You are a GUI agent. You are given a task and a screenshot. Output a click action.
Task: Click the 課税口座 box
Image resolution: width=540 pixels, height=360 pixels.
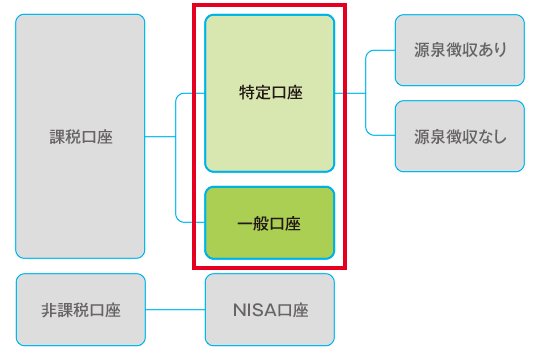(x=80, y=136)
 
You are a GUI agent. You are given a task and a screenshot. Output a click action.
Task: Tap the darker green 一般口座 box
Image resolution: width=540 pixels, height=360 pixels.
(x=269, y=222)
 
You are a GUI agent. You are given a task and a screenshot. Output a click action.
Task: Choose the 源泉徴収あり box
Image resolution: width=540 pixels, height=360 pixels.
(x=459, y=50)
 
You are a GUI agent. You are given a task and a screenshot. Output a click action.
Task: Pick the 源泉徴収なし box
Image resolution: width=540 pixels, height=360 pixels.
(x=459, y=136)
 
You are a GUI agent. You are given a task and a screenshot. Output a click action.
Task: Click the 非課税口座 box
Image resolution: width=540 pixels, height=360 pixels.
(x=80, y=309)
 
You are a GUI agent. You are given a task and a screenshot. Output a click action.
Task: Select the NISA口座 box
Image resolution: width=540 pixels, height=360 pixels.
(x=269, y=309)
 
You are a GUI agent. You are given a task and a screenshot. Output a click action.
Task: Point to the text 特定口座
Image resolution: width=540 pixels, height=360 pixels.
(x=270, y=93)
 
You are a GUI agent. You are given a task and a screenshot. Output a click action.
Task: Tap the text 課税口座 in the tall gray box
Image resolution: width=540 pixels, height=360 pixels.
(x=81, y=137)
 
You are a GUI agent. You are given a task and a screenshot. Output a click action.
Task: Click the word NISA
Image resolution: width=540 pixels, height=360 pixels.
(x=252, y=310)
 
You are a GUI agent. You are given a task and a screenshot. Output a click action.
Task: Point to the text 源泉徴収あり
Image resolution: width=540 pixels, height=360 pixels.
(x=460, y=50)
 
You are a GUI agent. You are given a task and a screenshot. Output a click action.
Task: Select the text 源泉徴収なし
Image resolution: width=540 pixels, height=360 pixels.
(x=460, y=136)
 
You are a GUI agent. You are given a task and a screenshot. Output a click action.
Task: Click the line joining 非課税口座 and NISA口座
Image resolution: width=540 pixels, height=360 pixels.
(x=175, y=309)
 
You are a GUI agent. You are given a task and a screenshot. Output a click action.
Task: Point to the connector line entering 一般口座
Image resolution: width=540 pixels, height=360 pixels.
(x=190, y=221)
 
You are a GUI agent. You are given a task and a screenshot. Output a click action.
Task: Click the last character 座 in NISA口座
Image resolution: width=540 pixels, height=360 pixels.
(x=300, y=310)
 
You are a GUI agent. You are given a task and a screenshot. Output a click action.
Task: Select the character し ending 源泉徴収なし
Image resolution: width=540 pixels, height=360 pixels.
(x=500, y=136)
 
